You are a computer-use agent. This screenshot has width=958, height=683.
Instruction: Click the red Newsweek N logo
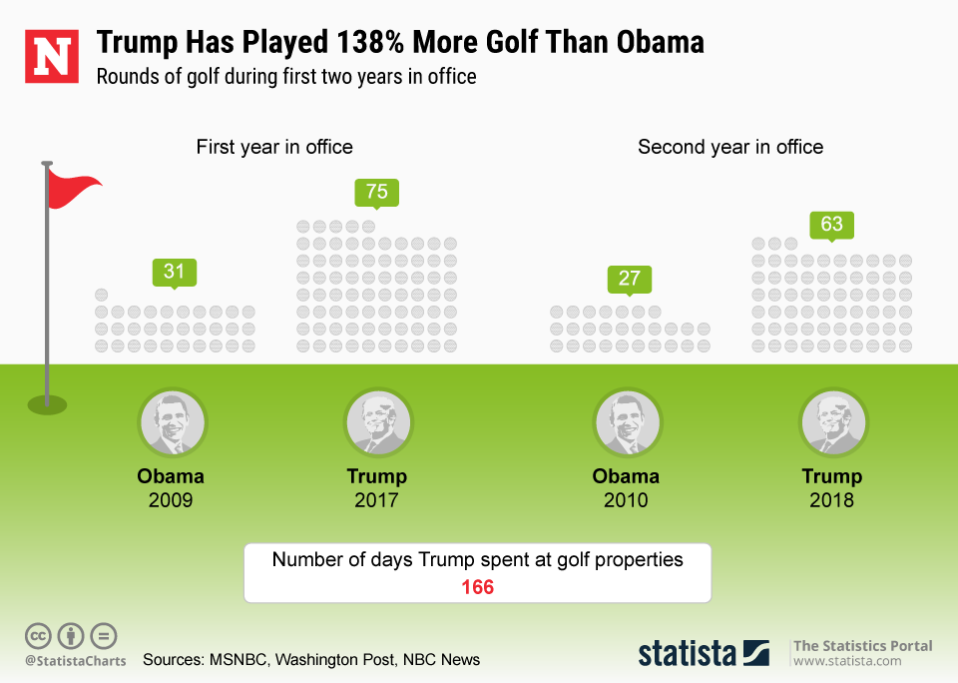pyautogui.click(x=52, y=57)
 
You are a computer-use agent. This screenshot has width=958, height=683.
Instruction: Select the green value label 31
pyautogui.click(x=175, y=272)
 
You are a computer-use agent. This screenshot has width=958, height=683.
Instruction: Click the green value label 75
pyautogui.click(x=376, y=192)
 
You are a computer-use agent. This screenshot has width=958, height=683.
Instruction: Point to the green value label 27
pyautogui.click(x=629, y=278)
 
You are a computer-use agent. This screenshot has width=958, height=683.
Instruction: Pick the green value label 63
pyautogui.click(x=831, y=224)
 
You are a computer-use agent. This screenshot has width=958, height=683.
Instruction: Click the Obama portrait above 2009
pyautogui.click(x=172, y=422)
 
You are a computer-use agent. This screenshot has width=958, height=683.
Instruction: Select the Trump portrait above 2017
pyautogui.click(x=377, y=422)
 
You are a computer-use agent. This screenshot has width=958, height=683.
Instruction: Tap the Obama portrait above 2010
pyautogui.click(x=628, y=422)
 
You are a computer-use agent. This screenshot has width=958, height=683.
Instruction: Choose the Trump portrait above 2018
pyautogui.click(x=833, y=422)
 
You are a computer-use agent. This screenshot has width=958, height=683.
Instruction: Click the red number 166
pyautogui.click(x=477, y=587)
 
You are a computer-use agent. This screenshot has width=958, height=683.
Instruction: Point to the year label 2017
pyautogui.click(x=376, y=499)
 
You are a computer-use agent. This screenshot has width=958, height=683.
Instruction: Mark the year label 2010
pyautogui.click(x=626, y=499)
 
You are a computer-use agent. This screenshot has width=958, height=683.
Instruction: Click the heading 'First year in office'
pyautogui.click(x=274, y=147)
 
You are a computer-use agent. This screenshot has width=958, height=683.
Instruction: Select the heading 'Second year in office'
pyautogui.click(x=730, y=147)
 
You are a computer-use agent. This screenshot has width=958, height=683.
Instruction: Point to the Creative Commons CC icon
pyautogui.click(x=39, y=636)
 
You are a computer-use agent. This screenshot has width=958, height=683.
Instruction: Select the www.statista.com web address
pyautogui.click(x=847, y=661)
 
